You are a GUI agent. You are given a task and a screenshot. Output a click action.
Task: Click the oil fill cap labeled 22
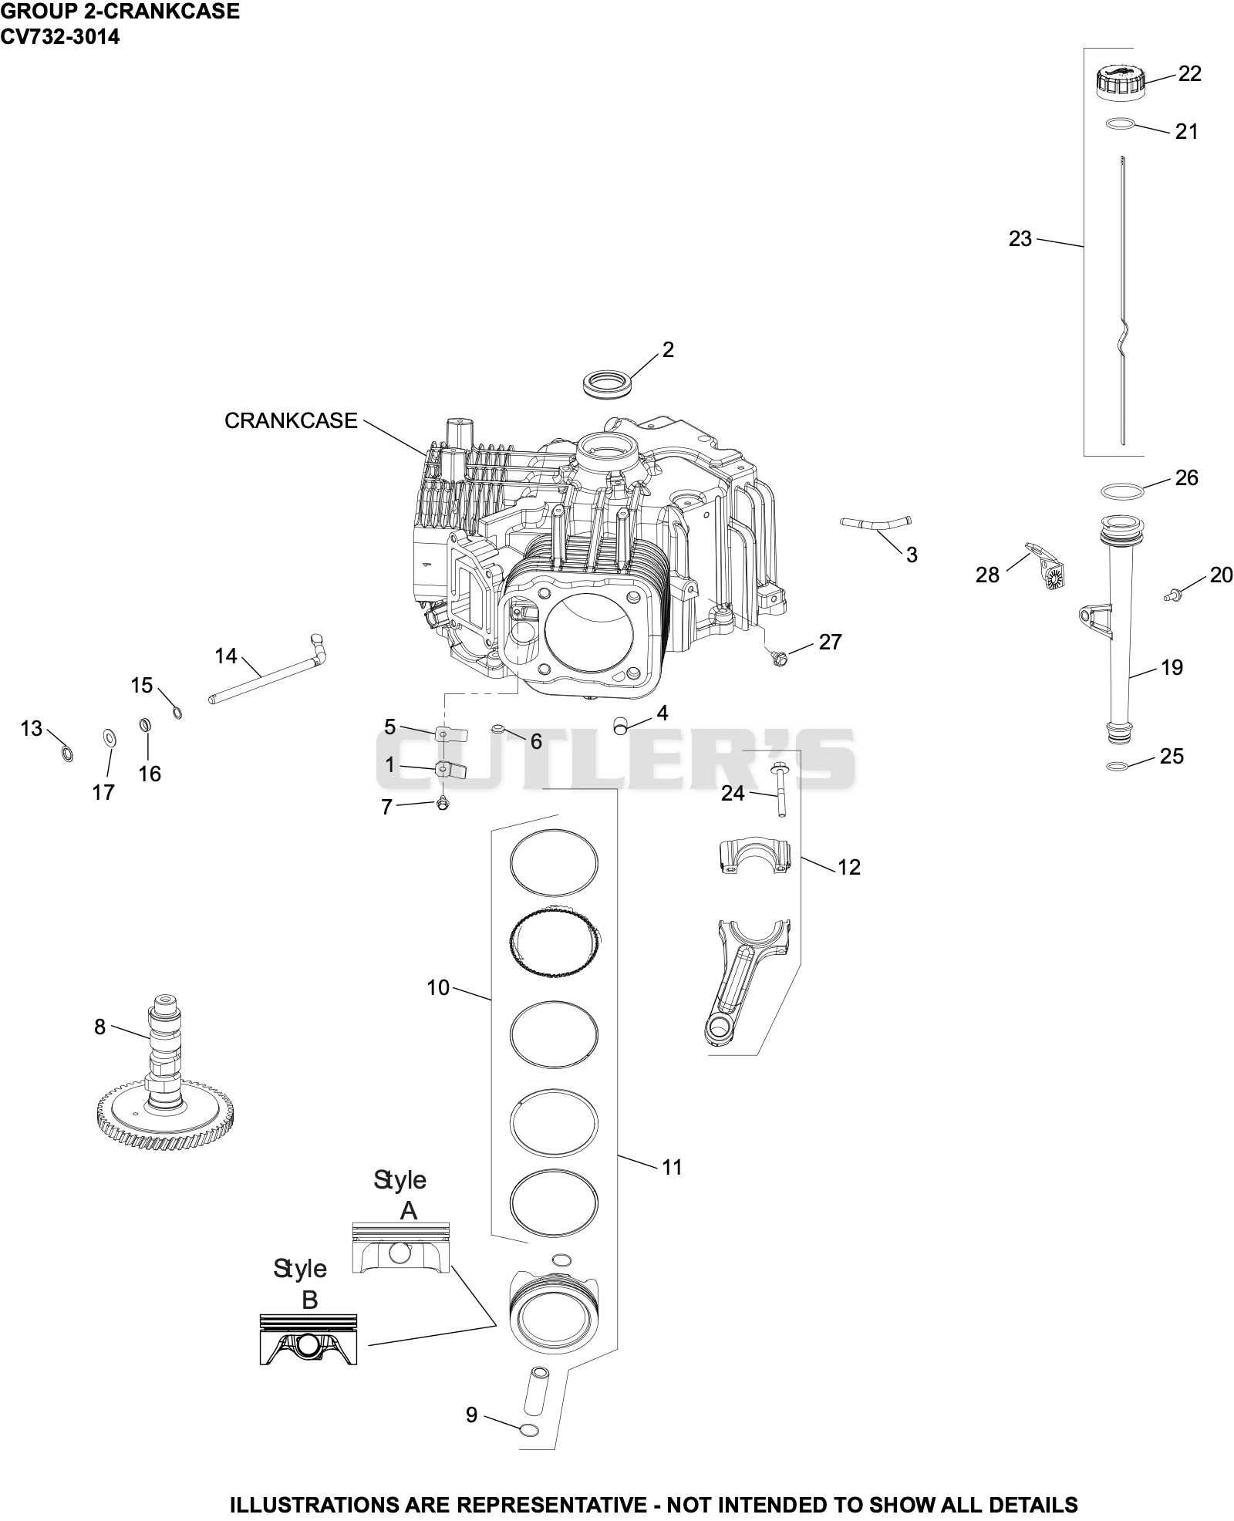[1120, 83]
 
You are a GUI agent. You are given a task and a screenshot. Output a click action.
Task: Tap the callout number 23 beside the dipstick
[1020, 239]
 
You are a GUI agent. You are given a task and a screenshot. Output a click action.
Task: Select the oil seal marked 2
[609, 384]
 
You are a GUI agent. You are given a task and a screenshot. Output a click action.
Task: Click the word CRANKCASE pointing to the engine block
[291, 420]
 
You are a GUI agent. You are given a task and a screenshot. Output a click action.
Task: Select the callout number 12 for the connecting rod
[848, 867]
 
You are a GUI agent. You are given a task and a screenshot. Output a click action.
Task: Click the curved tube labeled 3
[875, 524]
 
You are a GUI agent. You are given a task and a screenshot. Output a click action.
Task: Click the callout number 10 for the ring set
[438, 987]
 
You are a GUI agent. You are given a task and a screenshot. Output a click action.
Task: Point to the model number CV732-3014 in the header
[60, 36]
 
